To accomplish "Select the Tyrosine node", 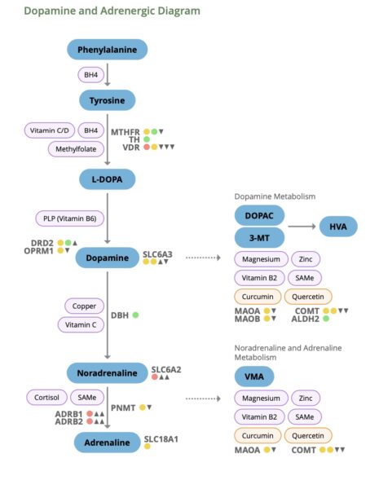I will (x=107, y=99).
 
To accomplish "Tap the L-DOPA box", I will (x=107, y=178).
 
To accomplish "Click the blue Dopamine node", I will (x=107, y=258).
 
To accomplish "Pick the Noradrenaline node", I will (x=107, y=372).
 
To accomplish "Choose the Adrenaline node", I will (x=107, y=443).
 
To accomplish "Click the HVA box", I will (x=337, y=227).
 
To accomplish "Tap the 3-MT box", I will (x=259, y=238).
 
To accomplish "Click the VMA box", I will (x=259, y=376).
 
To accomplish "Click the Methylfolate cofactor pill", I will (x=75, y=149).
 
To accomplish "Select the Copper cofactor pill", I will (x=85, y=306).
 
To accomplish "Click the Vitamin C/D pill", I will (x=51, y=130).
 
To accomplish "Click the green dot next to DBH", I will (x=135, y=315).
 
